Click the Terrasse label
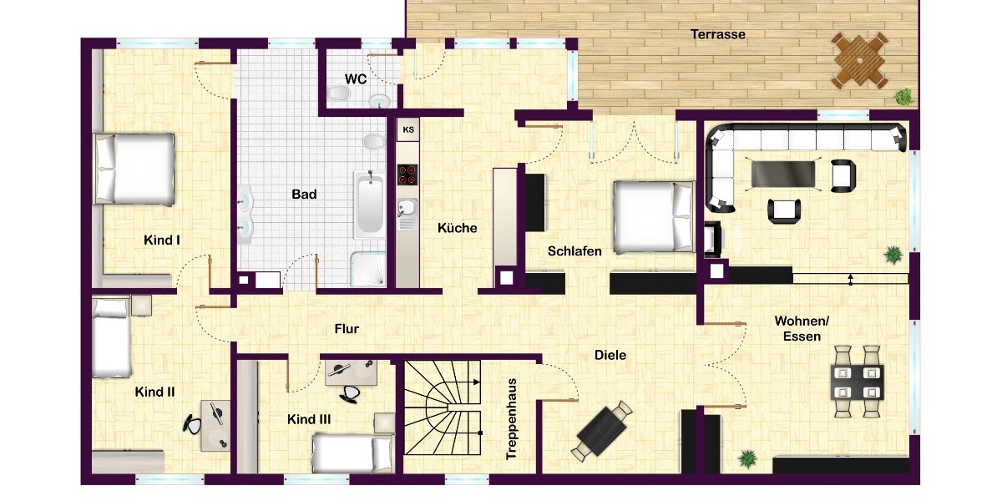[718, 34]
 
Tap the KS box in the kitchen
[408, 129]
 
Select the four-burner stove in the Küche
[407, 175]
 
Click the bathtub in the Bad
[369, 205]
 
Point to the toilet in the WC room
[339, 93]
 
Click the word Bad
[304, 194]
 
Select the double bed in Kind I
[134, 170]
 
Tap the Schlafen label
[574, 251]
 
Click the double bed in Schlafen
[654, 216]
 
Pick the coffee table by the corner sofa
[783, 174]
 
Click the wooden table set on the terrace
[859, 60]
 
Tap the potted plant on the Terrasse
[903, 97]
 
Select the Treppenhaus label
[511, 419]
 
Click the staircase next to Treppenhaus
[442, 407]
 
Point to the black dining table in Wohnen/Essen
[857, 382]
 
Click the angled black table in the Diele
[602, 431]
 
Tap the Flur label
[347, 329]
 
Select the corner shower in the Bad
[367, 269]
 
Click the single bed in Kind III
[352, 452]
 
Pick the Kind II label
[154, 392]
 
